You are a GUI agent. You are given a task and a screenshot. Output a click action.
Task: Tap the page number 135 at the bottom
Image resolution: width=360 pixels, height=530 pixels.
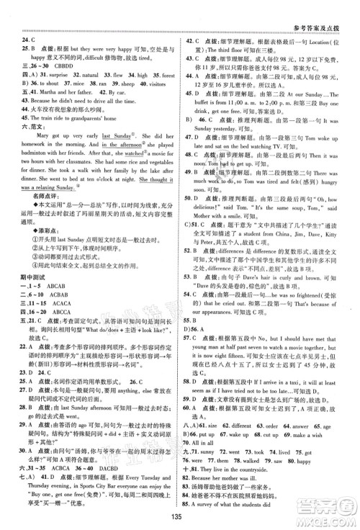[179, 515]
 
